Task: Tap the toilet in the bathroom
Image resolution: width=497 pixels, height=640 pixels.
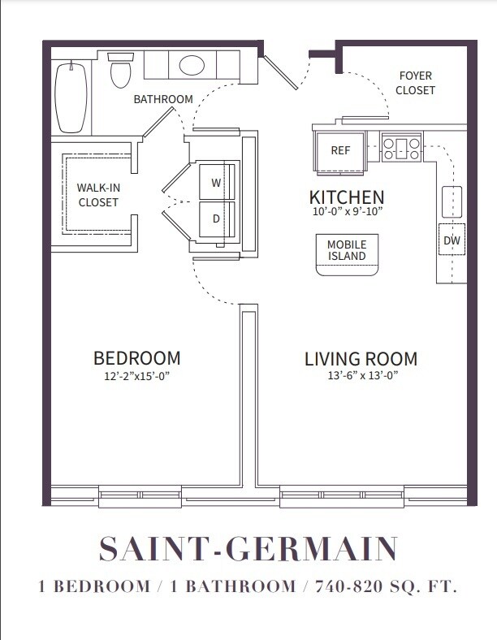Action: point(121,71)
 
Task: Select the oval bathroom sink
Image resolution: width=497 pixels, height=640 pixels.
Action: point(192,65)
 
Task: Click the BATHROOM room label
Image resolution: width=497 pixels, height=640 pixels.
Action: point(163,99)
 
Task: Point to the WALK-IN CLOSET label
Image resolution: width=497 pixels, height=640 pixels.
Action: point(98,195)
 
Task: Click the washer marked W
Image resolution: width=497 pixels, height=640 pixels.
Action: point(216,183)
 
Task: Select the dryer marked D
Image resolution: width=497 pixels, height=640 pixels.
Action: point(216,218)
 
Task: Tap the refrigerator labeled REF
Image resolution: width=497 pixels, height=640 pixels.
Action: point(339,150)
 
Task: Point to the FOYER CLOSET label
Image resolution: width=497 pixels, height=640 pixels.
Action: point(415,83)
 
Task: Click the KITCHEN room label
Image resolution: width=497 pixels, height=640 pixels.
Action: point(347,197)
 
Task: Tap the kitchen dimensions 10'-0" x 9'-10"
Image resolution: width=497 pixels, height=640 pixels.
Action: point(347,213)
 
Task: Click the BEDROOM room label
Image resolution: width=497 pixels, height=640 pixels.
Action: point(136,358)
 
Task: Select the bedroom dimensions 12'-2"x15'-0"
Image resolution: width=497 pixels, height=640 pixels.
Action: point(136,376)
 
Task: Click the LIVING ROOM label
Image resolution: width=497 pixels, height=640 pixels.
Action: point(361,358)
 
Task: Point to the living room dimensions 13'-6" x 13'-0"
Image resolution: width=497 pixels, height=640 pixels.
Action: point(361,376)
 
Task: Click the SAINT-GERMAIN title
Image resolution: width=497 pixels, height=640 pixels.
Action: point(248,549)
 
